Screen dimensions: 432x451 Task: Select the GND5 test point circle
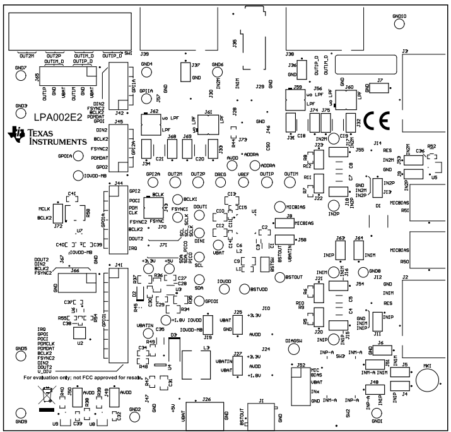tap(21, 357)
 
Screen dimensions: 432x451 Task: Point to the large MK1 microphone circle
tap(428, 381)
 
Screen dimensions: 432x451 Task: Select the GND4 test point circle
tap(147, 73)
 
